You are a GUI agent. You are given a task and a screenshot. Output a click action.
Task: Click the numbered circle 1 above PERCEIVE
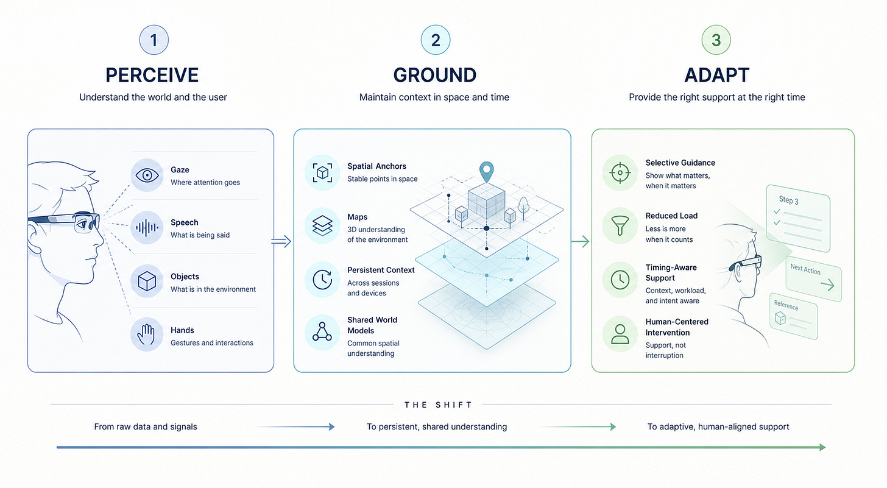click(x=154, y=40)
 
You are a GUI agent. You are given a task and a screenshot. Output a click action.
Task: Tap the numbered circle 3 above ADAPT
click(x=716, y=40)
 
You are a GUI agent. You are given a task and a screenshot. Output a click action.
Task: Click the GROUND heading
click(x=435, y=76)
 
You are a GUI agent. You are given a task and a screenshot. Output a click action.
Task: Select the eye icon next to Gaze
click(x=147, y=175)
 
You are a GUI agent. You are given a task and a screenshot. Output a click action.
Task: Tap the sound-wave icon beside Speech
click(x=147, y=228)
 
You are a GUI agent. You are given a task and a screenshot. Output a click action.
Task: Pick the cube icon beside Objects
click(x=147, y=281)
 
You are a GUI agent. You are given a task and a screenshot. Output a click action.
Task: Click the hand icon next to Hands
click(x=146, y=334)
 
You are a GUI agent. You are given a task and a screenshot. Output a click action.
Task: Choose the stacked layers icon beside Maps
click(x=322, y=226)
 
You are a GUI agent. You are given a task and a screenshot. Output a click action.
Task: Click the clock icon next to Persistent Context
click(x=322, y=280)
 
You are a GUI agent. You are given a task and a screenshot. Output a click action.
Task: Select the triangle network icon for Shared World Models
click(x=322, y=332)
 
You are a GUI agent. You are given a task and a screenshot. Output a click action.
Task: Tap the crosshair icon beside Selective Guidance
click(x=620, y=172)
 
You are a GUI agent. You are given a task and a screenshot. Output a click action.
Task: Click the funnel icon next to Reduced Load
click(x=620, y=226)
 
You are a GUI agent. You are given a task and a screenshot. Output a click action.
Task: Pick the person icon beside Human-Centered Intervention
click(x=620, y=333)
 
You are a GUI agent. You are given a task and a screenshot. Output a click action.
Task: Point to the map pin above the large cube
click(x=486, y=172)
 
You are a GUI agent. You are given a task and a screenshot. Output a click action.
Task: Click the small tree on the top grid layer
click(x=523, y=208)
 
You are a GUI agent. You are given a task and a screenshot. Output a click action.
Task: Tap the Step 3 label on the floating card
click(x=789, y=200)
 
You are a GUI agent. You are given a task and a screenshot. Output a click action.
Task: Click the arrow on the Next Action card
click(x=827, y=285)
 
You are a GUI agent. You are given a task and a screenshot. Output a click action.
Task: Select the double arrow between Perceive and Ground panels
click(x=281, y=241)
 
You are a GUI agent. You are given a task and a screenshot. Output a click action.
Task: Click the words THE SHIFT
click(x=438, y=405)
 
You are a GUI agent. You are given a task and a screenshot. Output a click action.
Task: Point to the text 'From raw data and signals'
click(x=146, y=426)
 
